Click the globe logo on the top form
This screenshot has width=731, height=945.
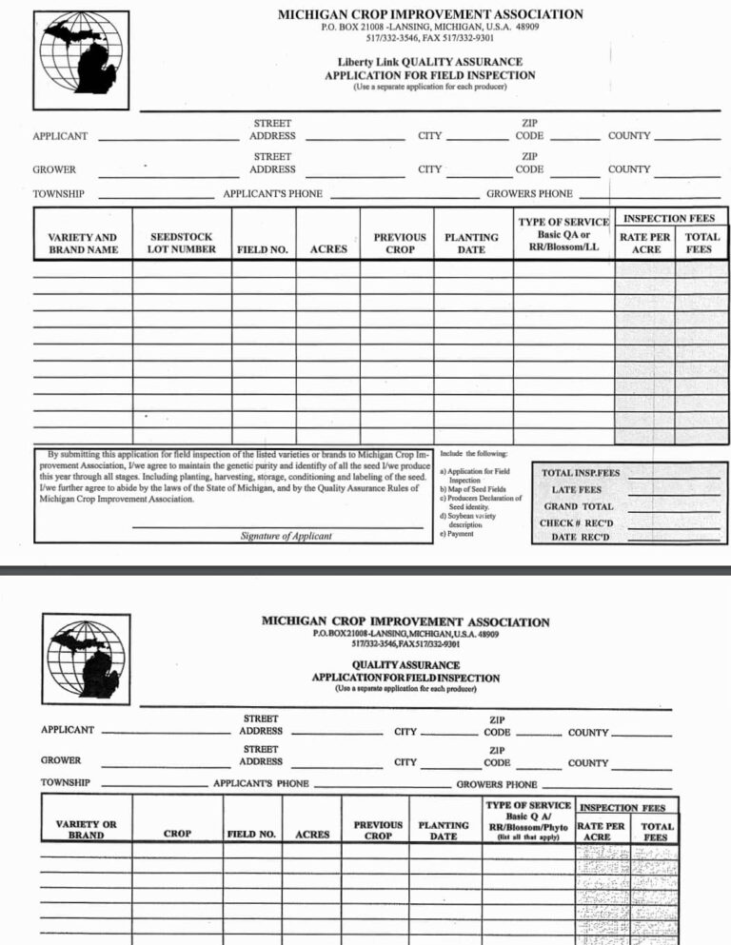[x=84, y=52]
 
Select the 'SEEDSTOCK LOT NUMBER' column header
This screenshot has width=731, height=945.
[x=181, y=243]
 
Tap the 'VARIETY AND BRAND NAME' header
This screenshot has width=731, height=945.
[x=83, y=243]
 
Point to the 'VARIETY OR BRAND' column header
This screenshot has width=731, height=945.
[x=86, y=830]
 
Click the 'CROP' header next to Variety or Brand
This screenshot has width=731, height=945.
[x=177, y=834]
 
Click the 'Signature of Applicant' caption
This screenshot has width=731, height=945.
[x=286, y=536]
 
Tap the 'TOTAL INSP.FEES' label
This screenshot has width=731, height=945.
[x=580, y=473]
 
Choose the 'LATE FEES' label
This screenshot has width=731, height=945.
[x=577, y=490]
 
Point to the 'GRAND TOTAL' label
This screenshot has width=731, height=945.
[x=578, y=506]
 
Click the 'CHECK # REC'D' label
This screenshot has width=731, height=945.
[x=577, y=522]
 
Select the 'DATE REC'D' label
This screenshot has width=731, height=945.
[x=579, y=538]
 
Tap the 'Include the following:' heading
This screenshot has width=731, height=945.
[x=473, y=454]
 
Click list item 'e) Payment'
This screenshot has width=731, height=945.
[x=456, y=534]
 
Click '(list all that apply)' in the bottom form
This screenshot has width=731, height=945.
[x=528, y=837]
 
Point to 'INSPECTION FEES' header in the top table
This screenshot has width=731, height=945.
[x=668, y=218]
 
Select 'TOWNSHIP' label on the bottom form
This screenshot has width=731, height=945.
[x=65, y=782]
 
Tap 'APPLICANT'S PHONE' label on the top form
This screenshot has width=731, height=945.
[x=272, y=194]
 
